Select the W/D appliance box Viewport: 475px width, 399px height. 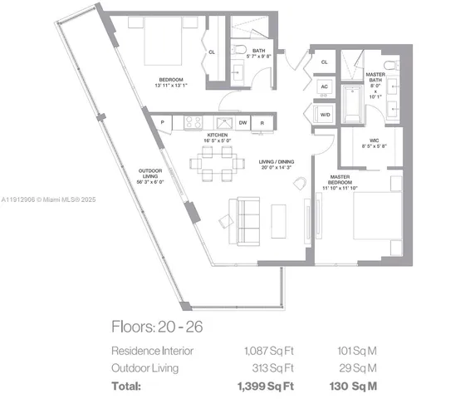(x=323, y=116)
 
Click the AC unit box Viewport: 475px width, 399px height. (x=323, y=86)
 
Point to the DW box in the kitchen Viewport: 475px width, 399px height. (x=242, y=122)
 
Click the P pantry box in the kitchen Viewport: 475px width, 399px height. (x=162, y=122)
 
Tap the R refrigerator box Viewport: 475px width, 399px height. (x=262, y=122)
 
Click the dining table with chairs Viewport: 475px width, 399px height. (x=217, y=164)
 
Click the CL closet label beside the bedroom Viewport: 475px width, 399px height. (x=212, y=52)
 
